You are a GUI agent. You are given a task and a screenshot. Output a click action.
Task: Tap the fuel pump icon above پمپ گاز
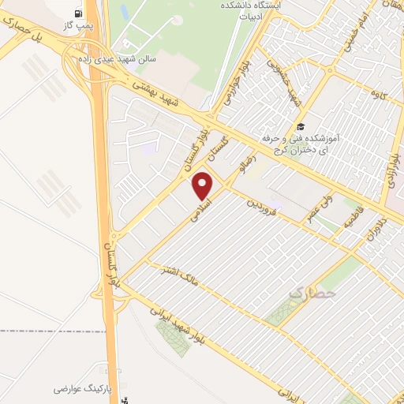[x=77, y=13]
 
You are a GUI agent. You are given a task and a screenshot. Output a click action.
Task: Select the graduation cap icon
[x=299, y=126]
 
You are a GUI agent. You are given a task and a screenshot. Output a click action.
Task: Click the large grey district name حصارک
[x=312, y=294]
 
